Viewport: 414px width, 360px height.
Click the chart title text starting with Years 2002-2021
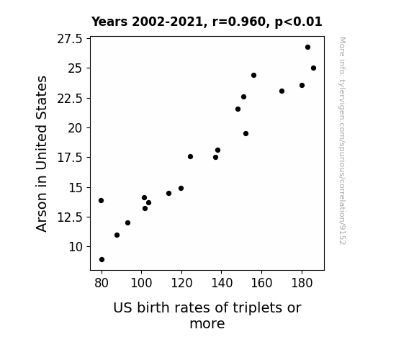point(207,22)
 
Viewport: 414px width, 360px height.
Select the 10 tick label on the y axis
point(76,247)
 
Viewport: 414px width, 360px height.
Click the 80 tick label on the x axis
point(102,283)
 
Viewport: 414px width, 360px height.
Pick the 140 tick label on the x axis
point(222,283)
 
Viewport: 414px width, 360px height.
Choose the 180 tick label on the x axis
point(302,283)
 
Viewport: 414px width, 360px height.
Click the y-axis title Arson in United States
point(41,154)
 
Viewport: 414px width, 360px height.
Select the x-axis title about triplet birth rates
point(207,315)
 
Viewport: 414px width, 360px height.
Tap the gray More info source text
point(342,141)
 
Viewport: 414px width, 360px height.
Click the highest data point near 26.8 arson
point(307,48)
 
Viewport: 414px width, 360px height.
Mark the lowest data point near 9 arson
point(102,260)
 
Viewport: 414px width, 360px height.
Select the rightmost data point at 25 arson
point(313,68)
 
